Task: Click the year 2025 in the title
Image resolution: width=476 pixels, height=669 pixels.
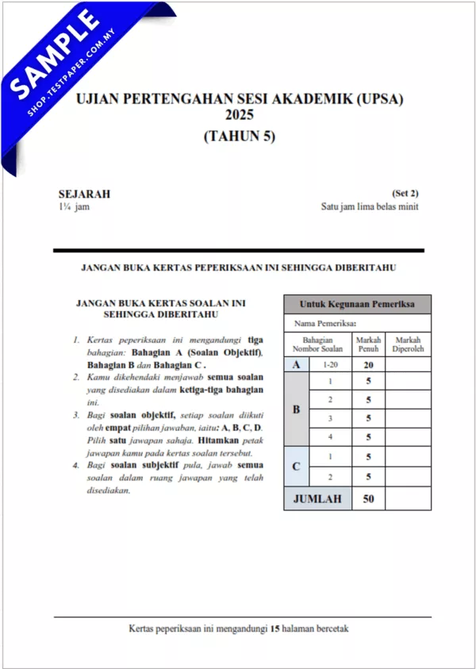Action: click(239, 117)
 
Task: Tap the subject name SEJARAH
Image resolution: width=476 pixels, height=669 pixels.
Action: click(84, 194)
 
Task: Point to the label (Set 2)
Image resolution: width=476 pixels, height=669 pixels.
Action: click(405, 194)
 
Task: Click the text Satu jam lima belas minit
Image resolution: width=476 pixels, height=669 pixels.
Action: click(369, 207)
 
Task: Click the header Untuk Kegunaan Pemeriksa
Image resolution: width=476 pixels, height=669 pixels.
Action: click(357, 304)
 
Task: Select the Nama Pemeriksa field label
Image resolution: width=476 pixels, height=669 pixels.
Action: click(325, 323)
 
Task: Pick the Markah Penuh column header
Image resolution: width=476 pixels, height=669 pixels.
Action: click(368, 344)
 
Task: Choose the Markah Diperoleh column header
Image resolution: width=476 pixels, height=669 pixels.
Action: click(408, 344)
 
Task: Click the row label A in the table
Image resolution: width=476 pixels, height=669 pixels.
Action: click(297, 364)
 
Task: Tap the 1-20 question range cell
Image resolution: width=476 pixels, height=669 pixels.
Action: click(329, 364)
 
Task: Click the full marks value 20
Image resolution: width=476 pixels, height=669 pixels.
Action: click(368, 365)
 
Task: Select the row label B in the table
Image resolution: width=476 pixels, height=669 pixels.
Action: click(297, 409)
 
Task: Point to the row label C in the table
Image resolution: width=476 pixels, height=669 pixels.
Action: click(297, 467)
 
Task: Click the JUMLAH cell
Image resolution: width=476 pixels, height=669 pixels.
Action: click(317, 498)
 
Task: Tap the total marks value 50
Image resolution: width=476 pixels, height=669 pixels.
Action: click(368, 498)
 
